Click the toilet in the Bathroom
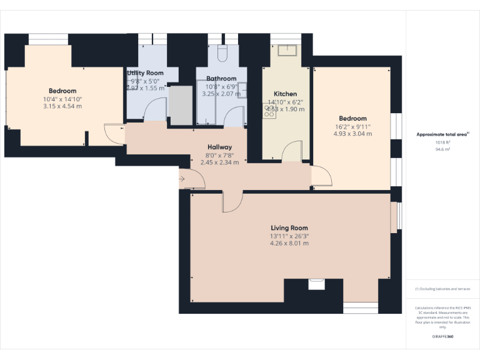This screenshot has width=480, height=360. coord(222,53)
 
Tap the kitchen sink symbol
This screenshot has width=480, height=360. coord(289,49)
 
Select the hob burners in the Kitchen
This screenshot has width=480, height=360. coord(270,111)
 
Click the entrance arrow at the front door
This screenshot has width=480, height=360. coord(181,180)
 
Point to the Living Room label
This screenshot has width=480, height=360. coord(289,228)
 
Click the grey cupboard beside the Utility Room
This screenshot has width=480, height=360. coord(181,105)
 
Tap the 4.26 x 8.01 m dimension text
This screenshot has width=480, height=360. coord(289,243)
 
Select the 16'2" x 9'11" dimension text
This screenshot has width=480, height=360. coord(352,126)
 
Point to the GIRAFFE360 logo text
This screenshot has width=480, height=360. coord(442,337)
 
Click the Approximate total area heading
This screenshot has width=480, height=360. coord(442,134)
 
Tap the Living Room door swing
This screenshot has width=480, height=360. coord(232,201)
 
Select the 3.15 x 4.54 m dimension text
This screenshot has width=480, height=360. coord(62,106)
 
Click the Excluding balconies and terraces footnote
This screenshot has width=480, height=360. coord(442,289)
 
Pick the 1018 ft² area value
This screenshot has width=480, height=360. coord(442,142)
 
